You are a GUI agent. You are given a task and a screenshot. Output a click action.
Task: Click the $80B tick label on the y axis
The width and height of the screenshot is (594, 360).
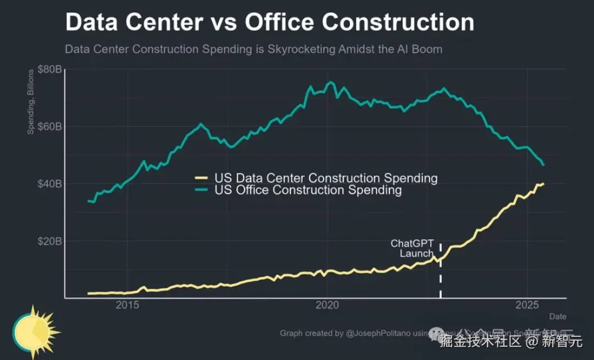coord(50,69)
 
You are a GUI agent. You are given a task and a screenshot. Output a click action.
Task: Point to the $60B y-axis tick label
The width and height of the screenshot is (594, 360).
coord(50,127)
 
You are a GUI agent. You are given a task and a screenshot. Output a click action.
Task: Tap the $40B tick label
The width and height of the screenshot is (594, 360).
coord(50,184)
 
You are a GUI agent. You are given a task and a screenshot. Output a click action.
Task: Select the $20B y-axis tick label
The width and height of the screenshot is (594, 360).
coord(50,241)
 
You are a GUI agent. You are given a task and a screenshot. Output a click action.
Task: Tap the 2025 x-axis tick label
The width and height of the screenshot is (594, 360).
coord(527,305)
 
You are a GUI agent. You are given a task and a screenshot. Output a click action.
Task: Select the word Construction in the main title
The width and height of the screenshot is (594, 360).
coord(398,23)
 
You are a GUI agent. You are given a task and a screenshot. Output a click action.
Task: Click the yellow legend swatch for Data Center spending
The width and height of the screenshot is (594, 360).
coord(202,178)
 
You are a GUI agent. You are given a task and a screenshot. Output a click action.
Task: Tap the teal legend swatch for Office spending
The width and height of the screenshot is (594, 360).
coord(202,190)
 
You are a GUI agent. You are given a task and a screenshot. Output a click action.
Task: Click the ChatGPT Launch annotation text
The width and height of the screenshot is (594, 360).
coord(413,248)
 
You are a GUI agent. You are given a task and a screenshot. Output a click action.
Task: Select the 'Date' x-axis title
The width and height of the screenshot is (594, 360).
coord(557,317)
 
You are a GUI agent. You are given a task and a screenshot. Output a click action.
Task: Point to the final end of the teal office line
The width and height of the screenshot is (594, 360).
coord(544,165)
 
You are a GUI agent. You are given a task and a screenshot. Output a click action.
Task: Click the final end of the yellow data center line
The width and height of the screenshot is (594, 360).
coord(543,184)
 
